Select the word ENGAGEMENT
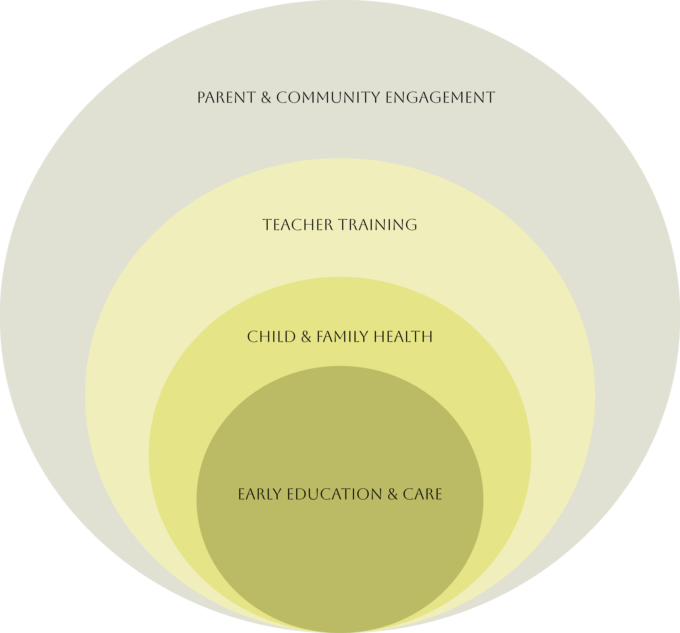click(x=440, y=98)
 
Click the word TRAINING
click(x=378, y=225)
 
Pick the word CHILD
click(x=271, y=337)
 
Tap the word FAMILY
click(x=342, y=337)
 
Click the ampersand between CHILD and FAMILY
click(x=307, y=337)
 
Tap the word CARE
click(x=422, y=495)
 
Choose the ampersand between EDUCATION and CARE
click(x=393, y=495)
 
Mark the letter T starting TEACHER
click(x=267, y=225)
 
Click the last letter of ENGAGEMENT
click(x=490, y=98)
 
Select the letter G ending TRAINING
click(x=412, y=225)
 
